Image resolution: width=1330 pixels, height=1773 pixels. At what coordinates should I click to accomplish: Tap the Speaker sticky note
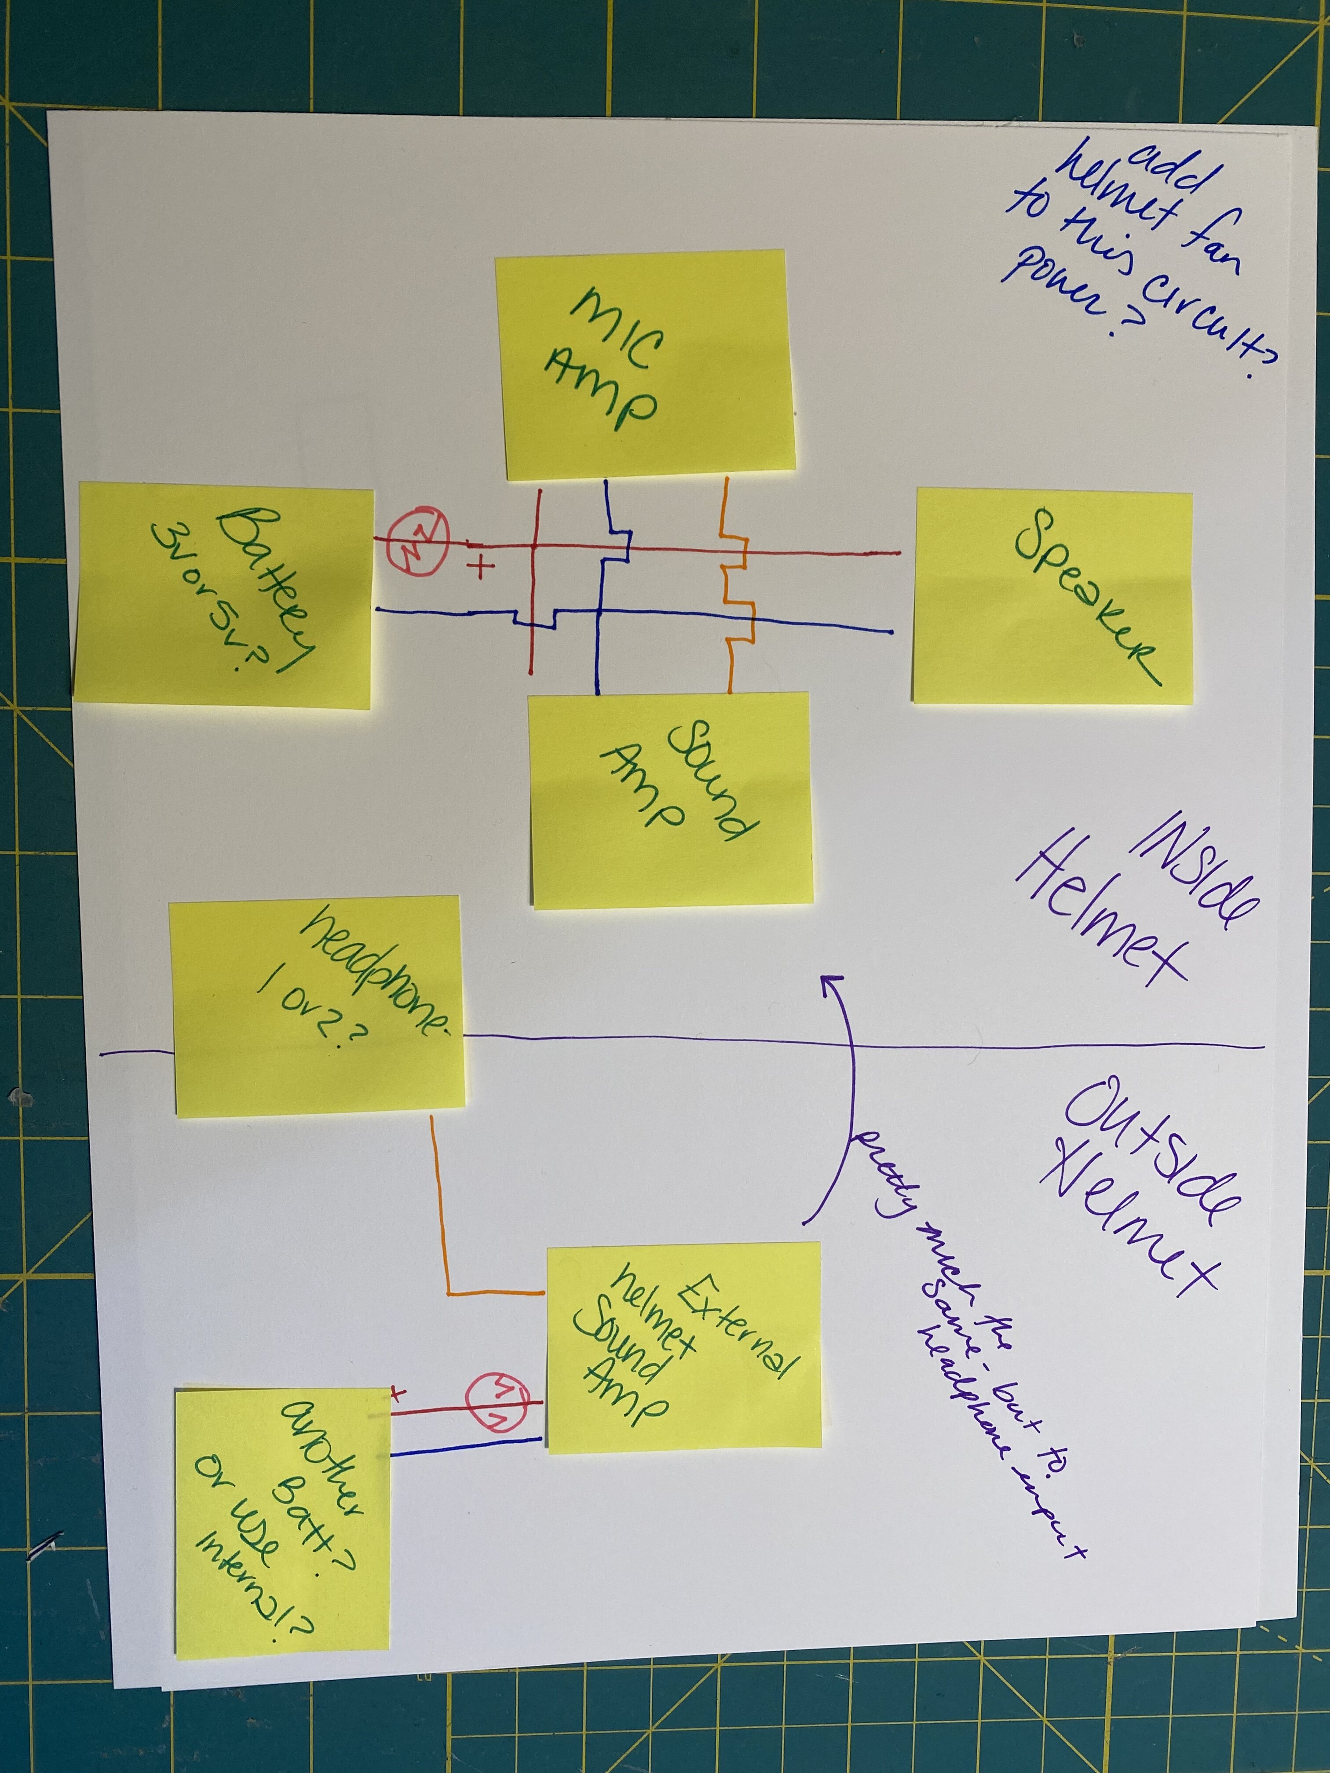pos(1052,597)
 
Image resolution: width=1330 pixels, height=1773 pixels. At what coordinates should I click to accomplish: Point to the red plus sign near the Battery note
pos(482,568)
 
